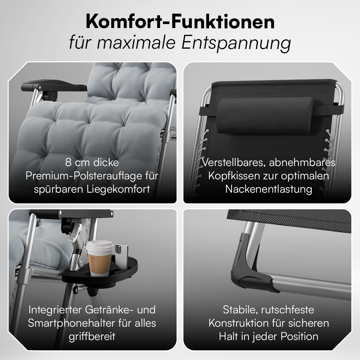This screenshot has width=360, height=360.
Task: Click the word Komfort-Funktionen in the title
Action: tap(180, 22)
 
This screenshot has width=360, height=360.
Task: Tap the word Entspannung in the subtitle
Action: tap(236, 43)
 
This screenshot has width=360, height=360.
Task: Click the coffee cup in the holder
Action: tap(100, 258)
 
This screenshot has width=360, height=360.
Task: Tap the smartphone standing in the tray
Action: tap(121, 256)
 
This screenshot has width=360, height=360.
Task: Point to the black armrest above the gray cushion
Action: tap(54, 86)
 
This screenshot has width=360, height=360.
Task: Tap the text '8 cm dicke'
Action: tap(92, 162)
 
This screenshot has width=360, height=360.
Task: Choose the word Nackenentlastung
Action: tap(269, 189)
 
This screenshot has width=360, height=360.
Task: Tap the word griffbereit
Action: tap(92, 337)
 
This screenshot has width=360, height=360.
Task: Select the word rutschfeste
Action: tap(288, 310)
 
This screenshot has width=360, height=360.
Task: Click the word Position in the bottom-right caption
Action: tap(299, 336)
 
